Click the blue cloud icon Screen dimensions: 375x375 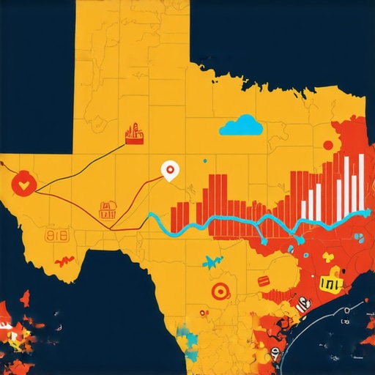[x=241, y=126]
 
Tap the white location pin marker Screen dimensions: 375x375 [x=170, y=171]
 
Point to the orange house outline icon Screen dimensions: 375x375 [x=108, y=210]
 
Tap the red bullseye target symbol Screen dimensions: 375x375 [x=218, y=292]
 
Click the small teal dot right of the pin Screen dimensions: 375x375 [x=205, y=160]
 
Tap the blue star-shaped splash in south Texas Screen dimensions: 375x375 [x=212, y=261]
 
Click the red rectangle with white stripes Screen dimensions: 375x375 [x=264, y=282]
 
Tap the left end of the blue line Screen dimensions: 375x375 [x=149, y=216]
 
